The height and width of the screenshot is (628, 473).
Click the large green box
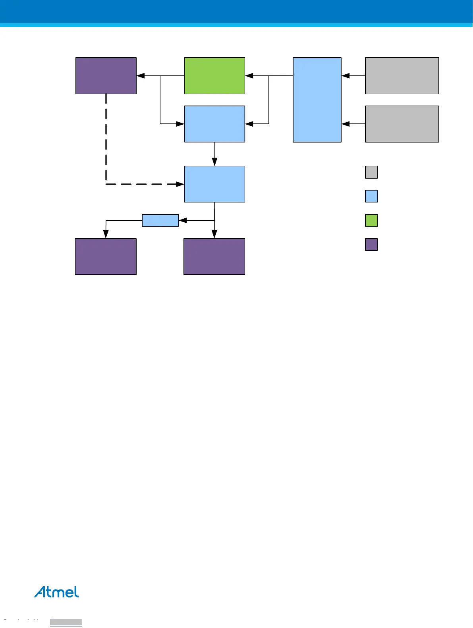(214, 75)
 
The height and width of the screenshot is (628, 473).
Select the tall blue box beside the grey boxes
(317, 100)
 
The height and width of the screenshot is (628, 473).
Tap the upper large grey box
(402, 75)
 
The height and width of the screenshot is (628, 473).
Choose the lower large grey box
(402, 124)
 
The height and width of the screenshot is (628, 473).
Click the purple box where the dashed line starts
(106, 75)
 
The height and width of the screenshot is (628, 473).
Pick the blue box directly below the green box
(214, 124)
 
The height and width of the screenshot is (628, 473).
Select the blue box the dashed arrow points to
(214, 184)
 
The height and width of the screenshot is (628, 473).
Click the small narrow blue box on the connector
(160, 220)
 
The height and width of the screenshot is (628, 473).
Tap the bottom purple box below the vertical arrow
(214, 256)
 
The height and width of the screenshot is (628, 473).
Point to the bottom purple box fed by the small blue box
(106, 256)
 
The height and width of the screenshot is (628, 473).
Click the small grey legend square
(371, 172)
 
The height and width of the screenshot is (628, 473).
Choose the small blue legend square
(371, 196)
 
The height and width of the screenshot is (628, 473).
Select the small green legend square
(371, 220)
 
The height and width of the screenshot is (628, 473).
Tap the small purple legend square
(371, 245)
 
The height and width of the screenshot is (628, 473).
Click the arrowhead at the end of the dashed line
(180, 184)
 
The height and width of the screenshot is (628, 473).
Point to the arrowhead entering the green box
(249, 75)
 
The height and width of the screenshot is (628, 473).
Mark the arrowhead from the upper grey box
(346, 75)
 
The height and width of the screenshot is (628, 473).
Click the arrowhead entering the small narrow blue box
(183, 220)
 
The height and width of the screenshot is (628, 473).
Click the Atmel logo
(56, 592)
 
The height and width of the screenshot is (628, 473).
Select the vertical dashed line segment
(106, 139)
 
